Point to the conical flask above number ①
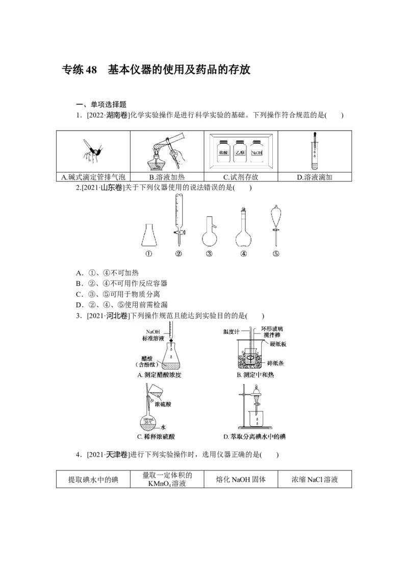coord(148,235)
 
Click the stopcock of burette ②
coord(180,233)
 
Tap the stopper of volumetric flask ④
coord(244,208)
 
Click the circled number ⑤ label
coord(276,254)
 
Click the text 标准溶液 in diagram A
coord(153,338)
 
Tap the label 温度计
coord(232,332)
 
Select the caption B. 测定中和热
coord(249,376)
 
